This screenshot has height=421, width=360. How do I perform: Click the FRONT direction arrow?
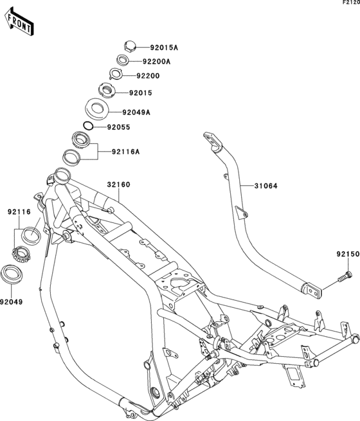pyautogui.click(x=18, y=21)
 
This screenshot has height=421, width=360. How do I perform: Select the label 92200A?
pyautogui.click(x=156, y=62)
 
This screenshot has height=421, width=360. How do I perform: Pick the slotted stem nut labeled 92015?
pyautogui.click(x=107, y=90)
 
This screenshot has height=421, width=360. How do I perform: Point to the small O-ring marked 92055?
pyautogui.click(x=88, y=125)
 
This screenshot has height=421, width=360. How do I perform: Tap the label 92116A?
pyautogui.click(x=126, y=152)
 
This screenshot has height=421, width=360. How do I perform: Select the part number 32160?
pyautogui.click(x=118, y=184)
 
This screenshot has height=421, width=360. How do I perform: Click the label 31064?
pyautogui.click(x=265, y=186)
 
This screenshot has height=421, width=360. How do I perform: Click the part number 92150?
pyautogui.click(x=348, y=254)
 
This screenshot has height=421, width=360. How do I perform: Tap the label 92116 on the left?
pyautogui.click(x=19, y=212)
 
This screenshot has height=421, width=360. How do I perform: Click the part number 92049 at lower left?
pyautogui.click(x=12, y=302)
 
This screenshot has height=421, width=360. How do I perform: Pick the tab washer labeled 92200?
pyautogui.click(x=116, y=73)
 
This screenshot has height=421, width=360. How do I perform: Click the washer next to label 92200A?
pyautogui.click(x=123, y=60)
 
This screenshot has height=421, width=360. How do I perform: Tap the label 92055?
pyautogui.click(x=119, y=127)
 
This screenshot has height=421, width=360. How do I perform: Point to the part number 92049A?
pyautogui.click(x=136, y=112)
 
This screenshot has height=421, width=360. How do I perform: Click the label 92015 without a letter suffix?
pyautogui.click(x=141, y=93)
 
